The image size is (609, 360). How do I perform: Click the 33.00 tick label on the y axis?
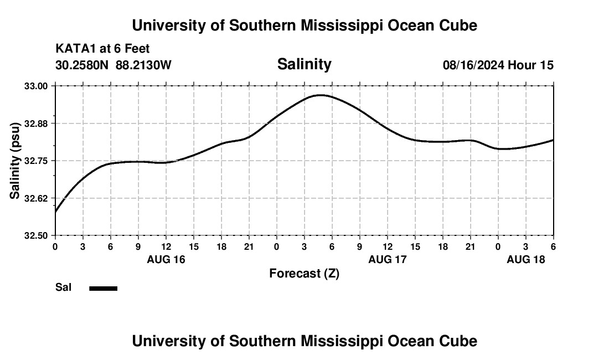pyautogui.click(x=37, y=86)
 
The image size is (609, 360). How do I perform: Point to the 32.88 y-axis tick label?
pyautogui.click(x=37, y=124)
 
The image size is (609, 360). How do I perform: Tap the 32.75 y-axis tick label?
pyautogui.click(x=37, y=161)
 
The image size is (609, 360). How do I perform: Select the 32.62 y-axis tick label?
pyautogui.click(x=37, y=198)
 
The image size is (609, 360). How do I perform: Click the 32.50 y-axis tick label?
pyautogui.click(x=37, y=235)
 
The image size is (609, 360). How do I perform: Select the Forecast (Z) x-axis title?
pyautogui.click(x=304, y=273)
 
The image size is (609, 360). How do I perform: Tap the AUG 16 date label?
pyautogui.click(x=166, y=259)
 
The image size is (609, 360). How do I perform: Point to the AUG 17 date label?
pyautogui.click(x=388, y=259)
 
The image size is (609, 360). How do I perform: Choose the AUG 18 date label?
pyautogui.click(x=526, y=259)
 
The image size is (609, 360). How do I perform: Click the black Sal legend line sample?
pyautogui.click(x=104, y=288)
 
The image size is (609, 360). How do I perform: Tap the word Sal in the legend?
pyautogui.click(x=63, y=287)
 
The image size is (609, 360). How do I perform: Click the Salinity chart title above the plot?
pyautogui.click(x=304, y=64)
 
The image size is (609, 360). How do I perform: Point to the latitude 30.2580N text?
pyautogui.click(x=83, y=65)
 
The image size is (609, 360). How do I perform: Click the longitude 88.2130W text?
pyautogui.click(x=144, y=65)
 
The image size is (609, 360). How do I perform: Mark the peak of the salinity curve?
pyautogui.click(x=319, y=95)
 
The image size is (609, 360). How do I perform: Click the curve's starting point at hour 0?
pyautogui.click(x=56, y=212)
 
